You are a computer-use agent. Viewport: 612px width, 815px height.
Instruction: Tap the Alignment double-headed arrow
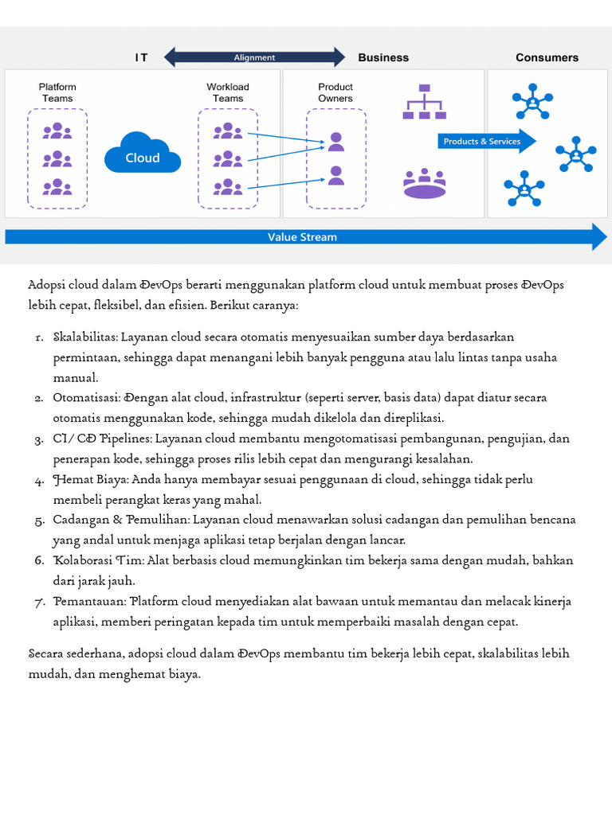click(x=254, y=57)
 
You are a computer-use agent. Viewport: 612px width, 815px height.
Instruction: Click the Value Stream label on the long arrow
click(x=302, y=237)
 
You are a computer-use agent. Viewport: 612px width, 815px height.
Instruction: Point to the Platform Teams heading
click(x=57, y=92)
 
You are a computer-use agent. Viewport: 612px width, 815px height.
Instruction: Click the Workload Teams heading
click(x=228, y=92)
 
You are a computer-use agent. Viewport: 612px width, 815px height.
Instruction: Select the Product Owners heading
click(x=335, y=92)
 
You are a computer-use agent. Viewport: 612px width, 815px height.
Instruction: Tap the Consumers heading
click(x=547, y=57)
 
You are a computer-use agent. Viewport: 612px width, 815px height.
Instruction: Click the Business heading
click(x=383, y=57)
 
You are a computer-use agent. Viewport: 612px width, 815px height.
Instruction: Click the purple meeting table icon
click(x=424, y=184)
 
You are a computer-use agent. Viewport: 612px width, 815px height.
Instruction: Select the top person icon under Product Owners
click(x=336, y=142)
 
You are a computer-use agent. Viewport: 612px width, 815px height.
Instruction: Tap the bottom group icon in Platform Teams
click(x=57, y=187)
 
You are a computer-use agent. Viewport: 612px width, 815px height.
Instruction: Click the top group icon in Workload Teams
click(x=228, y=130)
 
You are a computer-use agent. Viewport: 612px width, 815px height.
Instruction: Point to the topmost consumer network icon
click(x=532, y=101)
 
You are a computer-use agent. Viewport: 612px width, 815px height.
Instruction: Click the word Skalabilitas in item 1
click(x=84, y=337)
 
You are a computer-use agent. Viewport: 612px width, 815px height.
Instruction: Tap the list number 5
click(x=39, y=521)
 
